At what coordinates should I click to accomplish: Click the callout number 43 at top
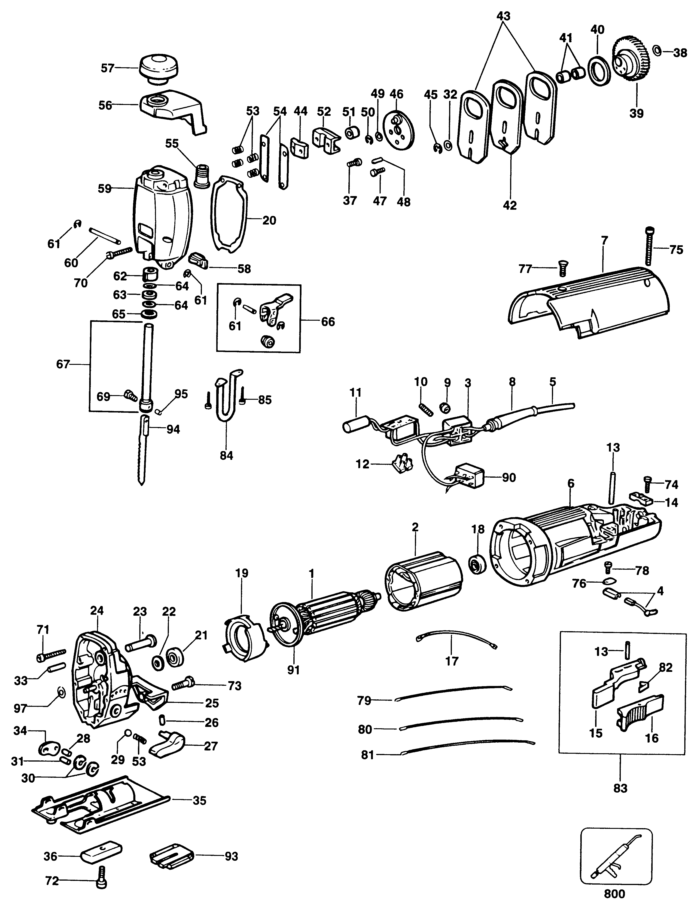(x=503, y=17)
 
